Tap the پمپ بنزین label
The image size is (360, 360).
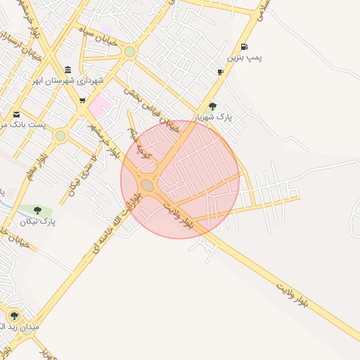pyautogui.click(x=244, y=57)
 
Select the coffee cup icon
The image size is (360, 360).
pyautogui.click(x=220, y=72)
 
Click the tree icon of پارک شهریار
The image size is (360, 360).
pyautogui.click(x=213, y=105)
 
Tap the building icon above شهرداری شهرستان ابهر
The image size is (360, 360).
pyautogui.click(x=67, y=70)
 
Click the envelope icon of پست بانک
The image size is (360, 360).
pyautogui.click(x=16, y=114)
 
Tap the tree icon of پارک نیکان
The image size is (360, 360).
pyautogui.click(x=37, y=210)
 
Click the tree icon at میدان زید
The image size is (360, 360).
pyautogui.click(x=13, y=316)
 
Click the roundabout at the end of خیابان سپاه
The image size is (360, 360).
pyautogui.click(x=129, y=51)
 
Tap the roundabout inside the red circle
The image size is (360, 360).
pyautogui.click(x=147, y=185)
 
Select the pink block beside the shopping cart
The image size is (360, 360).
pyautogui.click(x=100, y=106)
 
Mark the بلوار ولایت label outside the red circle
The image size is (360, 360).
pyautogui.click(x=292, y=295)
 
